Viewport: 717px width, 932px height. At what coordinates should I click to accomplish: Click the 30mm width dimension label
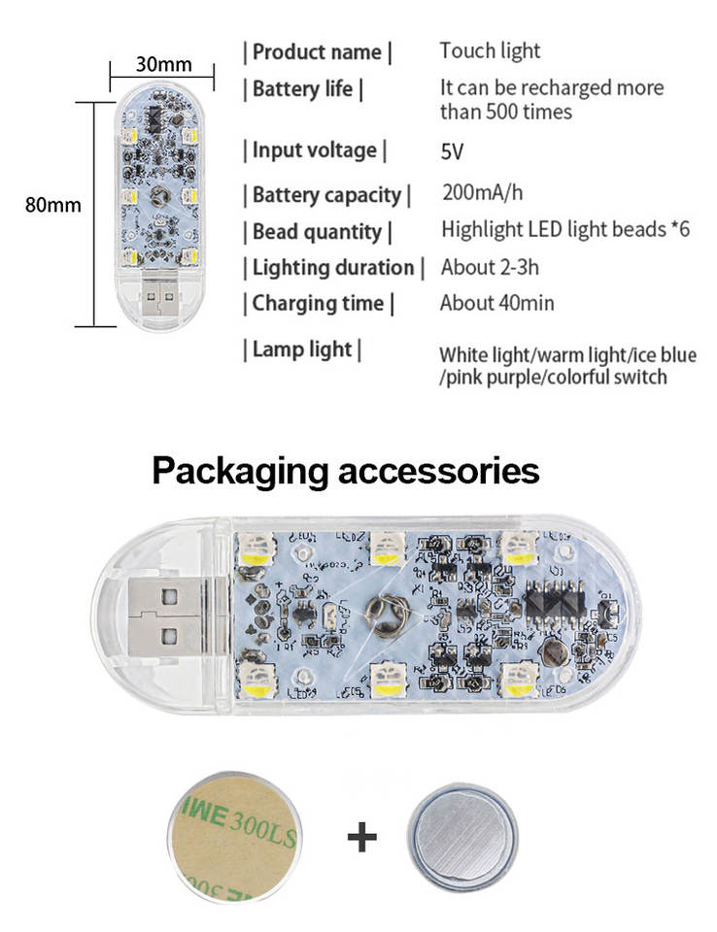click(163, 64)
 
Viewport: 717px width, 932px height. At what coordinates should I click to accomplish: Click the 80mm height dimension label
click(52, 205)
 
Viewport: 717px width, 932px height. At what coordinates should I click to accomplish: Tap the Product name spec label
click(318, 51)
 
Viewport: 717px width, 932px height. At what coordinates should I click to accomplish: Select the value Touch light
click(490, 50)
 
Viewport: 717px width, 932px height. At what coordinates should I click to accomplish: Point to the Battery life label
click(303, 89)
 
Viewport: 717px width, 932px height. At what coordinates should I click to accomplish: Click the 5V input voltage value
click(453, 151)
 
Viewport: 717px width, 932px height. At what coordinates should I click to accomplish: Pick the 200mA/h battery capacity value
click(482, 191)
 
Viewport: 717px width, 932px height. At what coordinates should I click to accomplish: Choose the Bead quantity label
click(318, 231)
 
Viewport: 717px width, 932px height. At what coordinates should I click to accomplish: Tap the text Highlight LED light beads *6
click(564, 230)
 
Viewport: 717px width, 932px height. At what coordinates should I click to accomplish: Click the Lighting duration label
click(333, 267)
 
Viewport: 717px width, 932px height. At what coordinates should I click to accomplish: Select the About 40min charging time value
click(496, 303)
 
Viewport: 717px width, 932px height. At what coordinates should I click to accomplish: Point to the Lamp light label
click(302, 349)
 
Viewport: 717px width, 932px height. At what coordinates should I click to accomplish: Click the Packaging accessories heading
click(346, 472)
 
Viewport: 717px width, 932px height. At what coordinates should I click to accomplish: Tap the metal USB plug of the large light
click(156, 616)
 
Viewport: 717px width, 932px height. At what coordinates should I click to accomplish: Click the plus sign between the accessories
click(361, 836)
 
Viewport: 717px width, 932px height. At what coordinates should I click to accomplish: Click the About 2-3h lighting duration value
click(490, 267)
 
